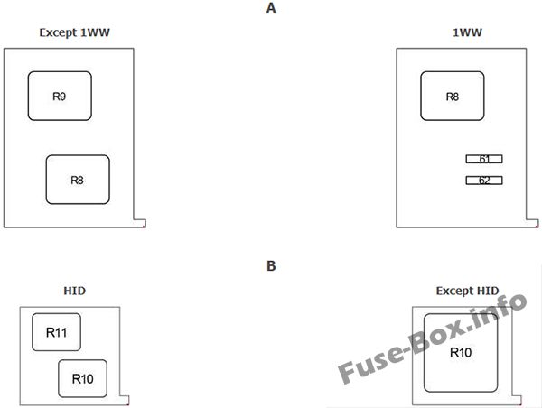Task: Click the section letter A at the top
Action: (271, 8)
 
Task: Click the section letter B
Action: (271, 265)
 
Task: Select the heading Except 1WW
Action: (74, 32)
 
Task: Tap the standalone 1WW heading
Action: (467, 32)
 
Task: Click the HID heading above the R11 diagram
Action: (75, 291)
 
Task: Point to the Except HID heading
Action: (467, 291)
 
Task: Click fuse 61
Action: (484, 159)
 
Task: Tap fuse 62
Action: (484, 181)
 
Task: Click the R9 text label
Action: (59, 97)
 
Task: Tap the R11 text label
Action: (56, 332)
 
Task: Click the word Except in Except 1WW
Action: (58, 32)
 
